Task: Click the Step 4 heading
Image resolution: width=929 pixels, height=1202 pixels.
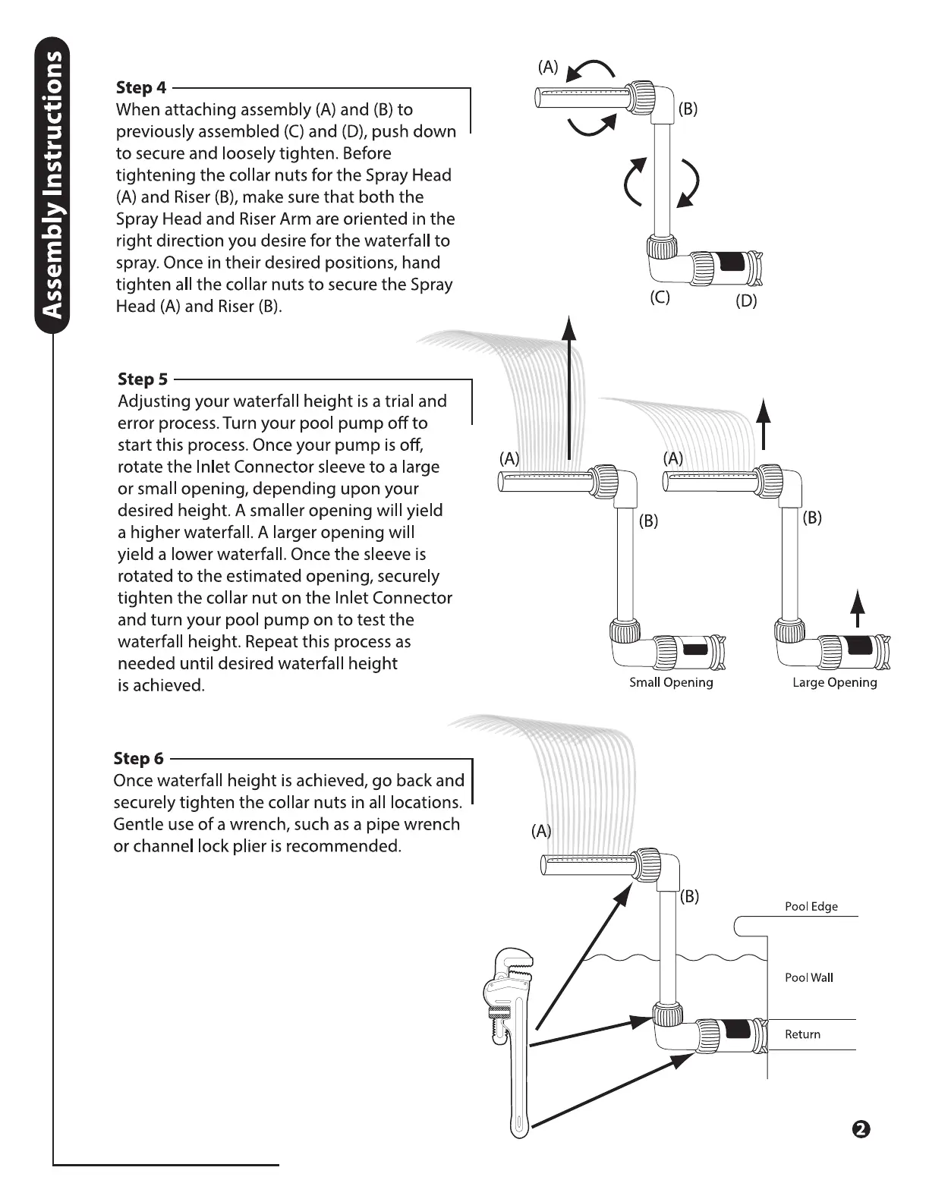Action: (141, 88)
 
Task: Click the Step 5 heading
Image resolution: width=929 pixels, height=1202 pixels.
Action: (143, 379)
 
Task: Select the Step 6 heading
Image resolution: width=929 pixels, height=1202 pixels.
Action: (138, 759)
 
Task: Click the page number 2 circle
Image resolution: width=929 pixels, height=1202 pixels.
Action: (861, 1129)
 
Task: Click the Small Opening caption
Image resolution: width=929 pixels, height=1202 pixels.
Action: (671, 682)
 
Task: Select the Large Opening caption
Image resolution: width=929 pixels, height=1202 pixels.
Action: (834, 682)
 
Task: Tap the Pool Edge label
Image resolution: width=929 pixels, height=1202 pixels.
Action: (811, 906)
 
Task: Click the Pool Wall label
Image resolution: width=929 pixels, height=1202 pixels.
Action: (808, 977)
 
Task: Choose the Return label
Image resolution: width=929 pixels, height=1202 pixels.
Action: (802, 1034)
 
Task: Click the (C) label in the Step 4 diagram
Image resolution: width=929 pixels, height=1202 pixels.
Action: (660, 297)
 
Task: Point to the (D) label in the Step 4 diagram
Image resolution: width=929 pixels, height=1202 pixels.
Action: (746, 300)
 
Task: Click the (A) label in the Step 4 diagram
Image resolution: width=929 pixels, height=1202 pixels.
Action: (548, 67)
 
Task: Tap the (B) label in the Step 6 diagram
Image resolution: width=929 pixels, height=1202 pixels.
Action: (688, 896)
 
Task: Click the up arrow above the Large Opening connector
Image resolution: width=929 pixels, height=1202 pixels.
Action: (858, 609)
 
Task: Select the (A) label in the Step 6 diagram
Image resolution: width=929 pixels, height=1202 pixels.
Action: (541, 831)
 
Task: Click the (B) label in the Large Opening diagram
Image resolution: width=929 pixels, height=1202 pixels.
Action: (812, 518)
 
